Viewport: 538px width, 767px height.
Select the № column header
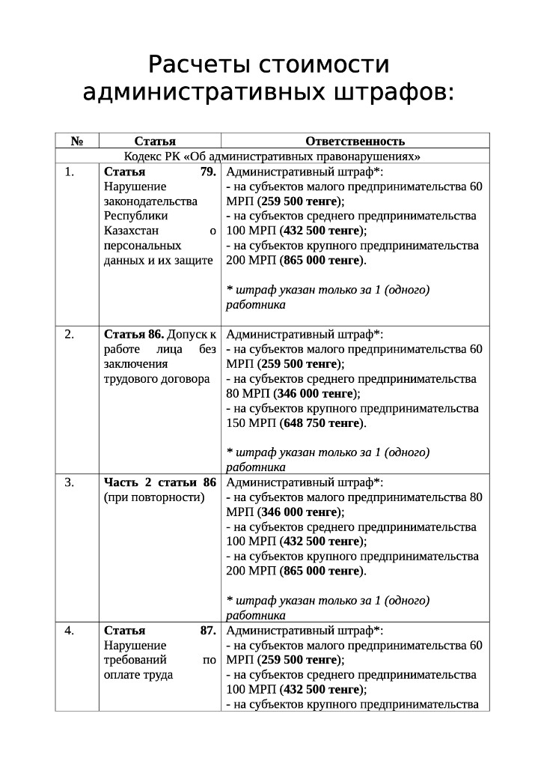click(x=76, y=141)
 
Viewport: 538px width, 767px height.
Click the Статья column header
click(x=155, y=141)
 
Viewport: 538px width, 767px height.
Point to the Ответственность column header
click(x=355, y=141)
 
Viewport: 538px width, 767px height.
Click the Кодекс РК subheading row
click(x=272, y=157)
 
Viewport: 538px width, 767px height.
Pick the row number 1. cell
click(x=70, y=172)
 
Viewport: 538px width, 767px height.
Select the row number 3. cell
click(x=70, y=482)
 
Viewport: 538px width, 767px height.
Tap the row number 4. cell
click(x=70, y=631)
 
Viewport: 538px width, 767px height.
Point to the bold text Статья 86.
click(x=134, y=334)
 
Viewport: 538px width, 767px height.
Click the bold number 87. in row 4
click(x=207, y=631)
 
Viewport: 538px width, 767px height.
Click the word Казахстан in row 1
click(x=132, y=231)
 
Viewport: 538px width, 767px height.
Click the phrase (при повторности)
click(x=154, y=497)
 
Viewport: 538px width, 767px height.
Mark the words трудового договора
click(x=156, y=379)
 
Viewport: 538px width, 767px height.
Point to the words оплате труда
click(x=138, y=675)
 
